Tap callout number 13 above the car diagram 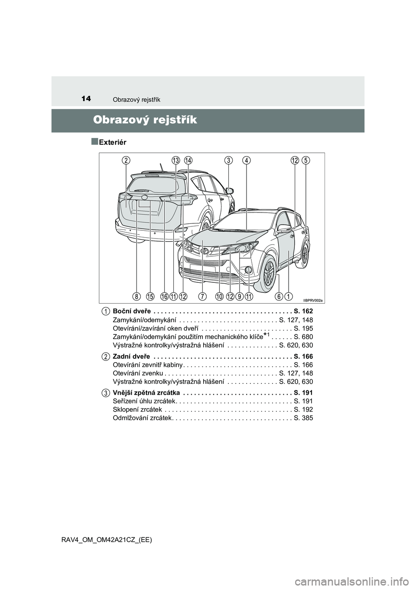point(175,160)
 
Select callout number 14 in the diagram point(188,160)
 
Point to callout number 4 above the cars point(246,160)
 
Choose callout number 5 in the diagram point(306,160)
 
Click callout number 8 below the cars point(137,296)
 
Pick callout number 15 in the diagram point(150,296)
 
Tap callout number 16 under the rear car point(164,296)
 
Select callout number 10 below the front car point(219,296)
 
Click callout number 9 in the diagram point(239,296)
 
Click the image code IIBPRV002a point(313,300)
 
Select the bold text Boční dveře point(131,311)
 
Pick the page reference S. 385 point(303,418)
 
